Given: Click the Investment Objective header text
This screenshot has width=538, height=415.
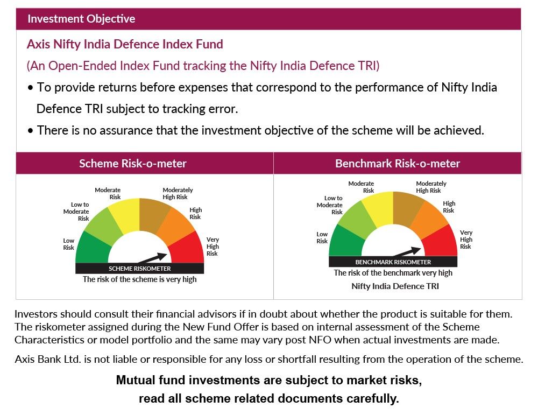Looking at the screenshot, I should point(81,19).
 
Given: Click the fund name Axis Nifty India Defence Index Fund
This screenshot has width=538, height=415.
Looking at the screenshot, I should point(125,44).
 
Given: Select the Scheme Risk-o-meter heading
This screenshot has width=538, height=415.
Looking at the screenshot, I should point(133,163).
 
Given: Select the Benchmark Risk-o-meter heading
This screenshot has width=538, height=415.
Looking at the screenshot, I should point(398,163).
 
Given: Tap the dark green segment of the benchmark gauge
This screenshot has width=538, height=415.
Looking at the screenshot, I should point(344,242).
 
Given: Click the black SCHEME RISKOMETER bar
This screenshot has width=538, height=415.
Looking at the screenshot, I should point(139,269).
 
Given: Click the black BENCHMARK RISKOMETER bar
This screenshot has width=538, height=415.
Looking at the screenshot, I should point(393,262).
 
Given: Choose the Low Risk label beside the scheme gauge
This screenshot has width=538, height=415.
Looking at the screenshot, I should point(68,244).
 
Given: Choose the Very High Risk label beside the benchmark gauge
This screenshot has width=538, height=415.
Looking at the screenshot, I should point(466,240).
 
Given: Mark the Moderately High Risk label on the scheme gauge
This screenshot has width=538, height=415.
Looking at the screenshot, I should point(178,193).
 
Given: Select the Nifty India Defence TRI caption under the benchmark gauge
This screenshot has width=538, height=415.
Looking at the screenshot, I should point(395,286).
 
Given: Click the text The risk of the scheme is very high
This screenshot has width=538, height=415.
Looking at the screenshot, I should point(139,279).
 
